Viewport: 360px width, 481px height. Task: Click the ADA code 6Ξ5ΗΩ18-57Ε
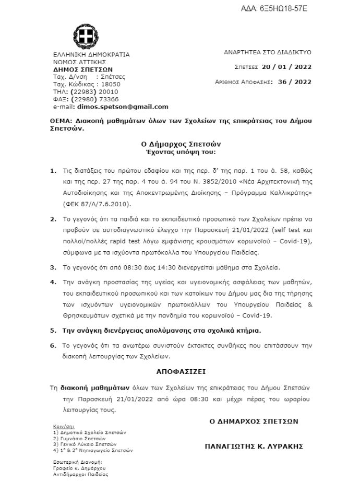282,9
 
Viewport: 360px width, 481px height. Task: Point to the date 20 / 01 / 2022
286,67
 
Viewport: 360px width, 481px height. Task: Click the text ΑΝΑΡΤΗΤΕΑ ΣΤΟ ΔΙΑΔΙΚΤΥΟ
267,53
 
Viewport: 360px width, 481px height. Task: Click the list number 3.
53,267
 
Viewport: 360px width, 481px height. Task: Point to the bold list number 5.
53,330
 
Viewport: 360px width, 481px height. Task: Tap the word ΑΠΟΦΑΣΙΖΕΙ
181,372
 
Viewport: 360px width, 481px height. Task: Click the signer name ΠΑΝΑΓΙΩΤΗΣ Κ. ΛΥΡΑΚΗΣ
254,447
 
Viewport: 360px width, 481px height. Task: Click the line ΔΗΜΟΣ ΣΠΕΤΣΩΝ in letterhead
82,69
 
